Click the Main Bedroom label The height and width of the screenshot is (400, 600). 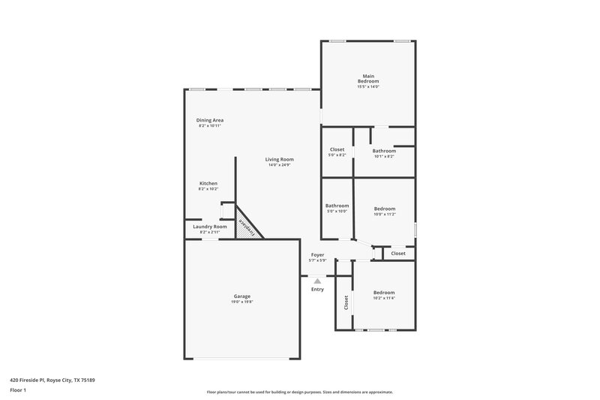[368, 78]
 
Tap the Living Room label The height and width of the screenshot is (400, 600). [279, 159]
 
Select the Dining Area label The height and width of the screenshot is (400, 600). [210, 120]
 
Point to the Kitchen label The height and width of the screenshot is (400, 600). [208, 184]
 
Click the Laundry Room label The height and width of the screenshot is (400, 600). [209, 227]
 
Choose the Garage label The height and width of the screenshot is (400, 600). [241, 296]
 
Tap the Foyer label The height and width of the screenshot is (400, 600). [318, 255]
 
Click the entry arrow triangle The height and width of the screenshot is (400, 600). [317, 281]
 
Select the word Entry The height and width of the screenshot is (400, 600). [317, 289]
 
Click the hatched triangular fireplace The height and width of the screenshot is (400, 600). [245, 227]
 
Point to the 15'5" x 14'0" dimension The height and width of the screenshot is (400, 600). [368, 87]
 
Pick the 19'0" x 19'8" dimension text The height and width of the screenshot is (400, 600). [241, 302]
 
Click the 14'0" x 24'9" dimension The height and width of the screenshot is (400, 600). [279, 165]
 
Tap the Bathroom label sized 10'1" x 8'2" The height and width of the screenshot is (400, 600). [384, 151]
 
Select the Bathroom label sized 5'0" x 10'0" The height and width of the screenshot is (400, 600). [337, 206]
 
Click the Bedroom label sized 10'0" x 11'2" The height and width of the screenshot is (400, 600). [384, 209]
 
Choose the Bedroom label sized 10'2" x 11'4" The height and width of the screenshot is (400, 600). [384, 293]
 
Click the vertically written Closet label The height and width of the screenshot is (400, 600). [346, 302]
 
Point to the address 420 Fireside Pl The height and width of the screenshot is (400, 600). [52, 380]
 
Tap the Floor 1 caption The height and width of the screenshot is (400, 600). [19, 391]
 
